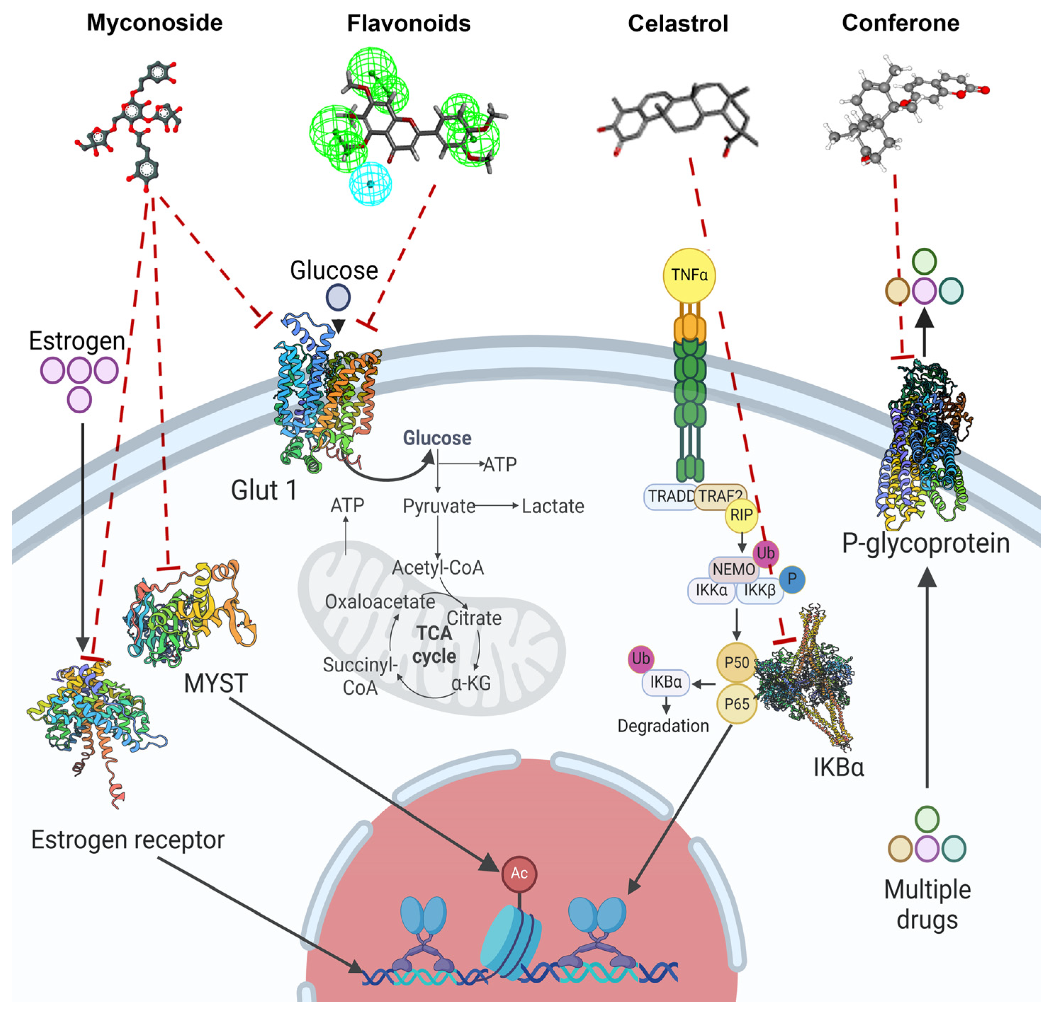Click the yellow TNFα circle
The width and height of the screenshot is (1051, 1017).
coord(689,275)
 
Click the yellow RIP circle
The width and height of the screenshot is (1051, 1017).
coord(741,515)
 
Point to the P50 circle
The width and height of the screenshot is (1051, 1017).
coord(737,663)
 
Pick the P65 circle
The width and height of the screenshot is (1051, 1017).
coord(737,704)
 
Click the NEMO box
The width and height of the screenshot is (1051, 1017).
coord(733,569)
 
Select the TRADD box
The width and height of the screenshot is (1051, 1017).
coord(670,496)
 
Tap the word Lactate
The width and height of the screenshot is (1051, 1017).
coord(553,506)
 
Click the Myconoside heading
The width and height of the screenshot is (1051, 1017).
coord(155,23)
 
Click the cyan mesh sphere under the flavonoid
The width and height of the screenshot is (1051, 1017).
coord(370,184)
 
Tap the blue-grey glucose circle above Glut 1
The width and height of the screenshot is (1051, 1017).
coord(338,297)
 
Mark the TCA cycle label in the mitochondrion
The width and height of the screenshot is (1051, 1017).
coord(434,645)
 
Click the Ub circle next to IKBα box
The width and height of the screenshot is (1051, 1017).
coord(641,659)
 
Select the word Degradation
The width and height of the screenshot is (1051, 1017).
coord(663,726)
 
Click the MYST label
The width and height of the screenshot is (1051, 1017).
coord(216,683)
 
